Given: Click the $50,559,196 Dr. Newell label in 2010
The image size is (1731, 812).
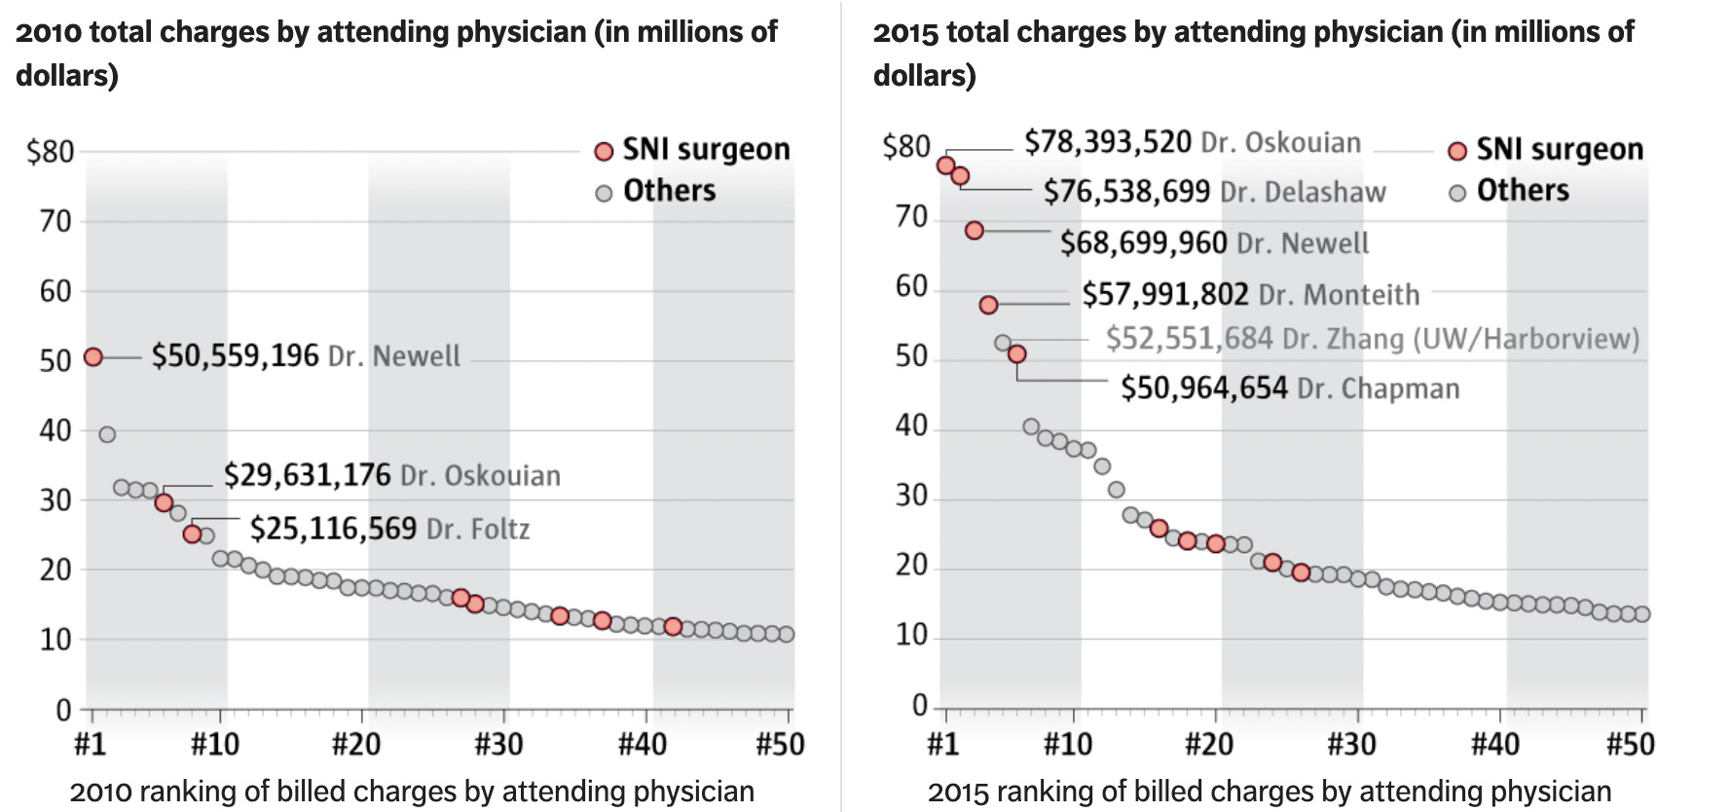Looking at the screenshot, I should tap(305, 356).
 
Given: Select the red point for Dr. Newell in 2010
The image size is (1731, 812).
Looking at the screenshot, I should tap(93, 357).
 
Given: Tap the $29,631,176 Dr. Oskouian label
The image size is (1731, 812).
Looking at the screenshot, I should tap(391, 475).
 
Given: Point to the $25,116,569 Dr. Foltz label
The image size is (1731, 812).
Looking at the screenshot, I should tap(389, 529).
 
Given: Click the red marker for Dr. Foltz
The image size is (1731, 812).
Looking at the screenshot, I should tap(192, 534).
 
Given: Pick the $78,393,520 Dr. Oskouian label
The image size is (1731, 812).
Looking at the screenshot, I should tap(1192, 143).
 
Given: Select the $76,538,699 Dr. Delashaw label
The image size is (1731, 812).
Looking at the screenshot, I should tap(1214, 192).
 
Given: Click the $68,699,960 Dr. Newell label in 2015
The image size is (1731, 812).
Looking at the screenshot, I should tap(1213, 242).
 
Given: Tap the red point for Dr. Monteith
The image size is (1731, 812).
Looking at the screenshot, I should tap(988, 305).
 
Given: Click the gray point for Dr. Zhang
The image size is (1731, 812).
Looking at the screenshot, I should tap(1003, 343).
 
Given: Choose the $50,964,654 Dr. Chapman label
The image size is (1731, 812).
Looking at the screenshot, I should tap(1289, 388).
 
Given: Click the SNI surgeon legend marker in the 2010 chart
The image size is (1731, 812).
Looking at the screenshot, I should tap(604, 151).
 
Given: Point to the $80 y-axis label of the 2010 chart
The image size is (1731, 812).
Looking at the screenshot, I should tap(51, 152).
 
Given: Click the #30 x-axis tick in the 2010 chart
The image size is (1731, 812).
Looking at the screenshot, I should tap(498, 745).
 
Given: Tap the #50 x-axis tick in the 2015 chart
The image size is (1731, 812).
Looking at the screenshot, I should tap(1630, 745).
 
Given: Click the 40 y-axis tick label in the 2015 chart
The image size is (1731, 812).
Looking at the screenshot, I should tap(910, 426).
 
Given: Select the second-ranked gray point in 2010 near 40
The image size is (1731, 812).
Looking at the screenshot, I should tap(107, 434).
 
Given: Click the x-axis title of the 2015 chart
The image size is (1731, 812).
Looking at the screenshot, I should tap(1269, 792).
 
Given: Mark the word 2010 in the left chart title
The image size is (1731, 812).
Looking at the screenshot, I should tap(49, 33).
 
